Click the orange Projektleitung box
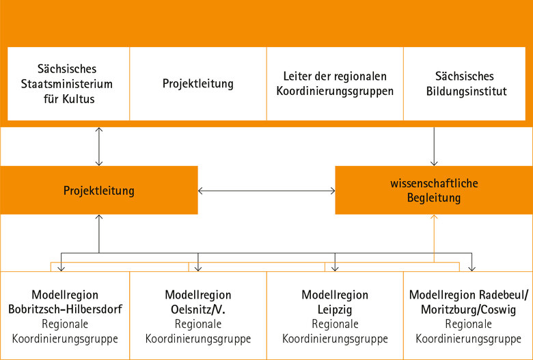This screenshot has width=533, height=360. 99,191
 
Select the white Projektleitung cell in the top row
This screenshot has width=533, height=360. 198,84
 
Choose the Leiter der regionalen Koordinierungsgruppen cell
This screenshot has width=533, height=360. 335,84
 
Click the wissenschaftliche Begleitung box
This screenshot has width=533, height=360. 434,191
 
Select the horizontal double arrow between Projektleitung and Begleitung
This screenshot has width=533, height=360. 266,191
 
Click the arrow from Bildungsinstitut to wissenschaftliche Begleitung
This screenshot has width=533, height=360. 434,146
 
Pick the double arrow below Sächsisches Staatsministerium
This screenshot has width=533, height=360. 99,146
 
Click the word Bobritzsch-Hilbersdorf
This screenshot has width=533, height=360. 66,309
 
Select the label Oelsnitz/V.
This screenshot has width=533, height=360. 198,309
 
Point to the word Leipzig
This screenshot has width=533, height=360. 335,309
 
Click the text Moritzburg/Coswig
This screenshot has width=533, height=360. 469,309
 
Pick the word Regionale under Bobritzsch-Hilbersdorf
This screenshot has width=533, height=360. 66,324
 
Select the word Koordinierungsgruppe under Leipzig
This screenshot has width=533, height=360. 335,338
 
